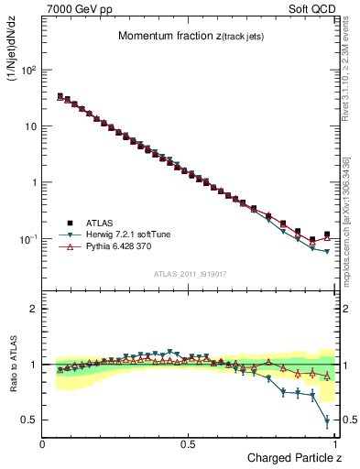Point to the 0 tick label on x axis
point(42,443)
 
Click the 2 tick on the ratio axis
point(32,309)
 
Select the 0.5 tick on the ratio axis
point(29,420)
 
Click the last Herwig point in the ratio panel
point(327,421)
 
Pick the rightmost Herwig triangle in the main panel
point(327,252)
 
